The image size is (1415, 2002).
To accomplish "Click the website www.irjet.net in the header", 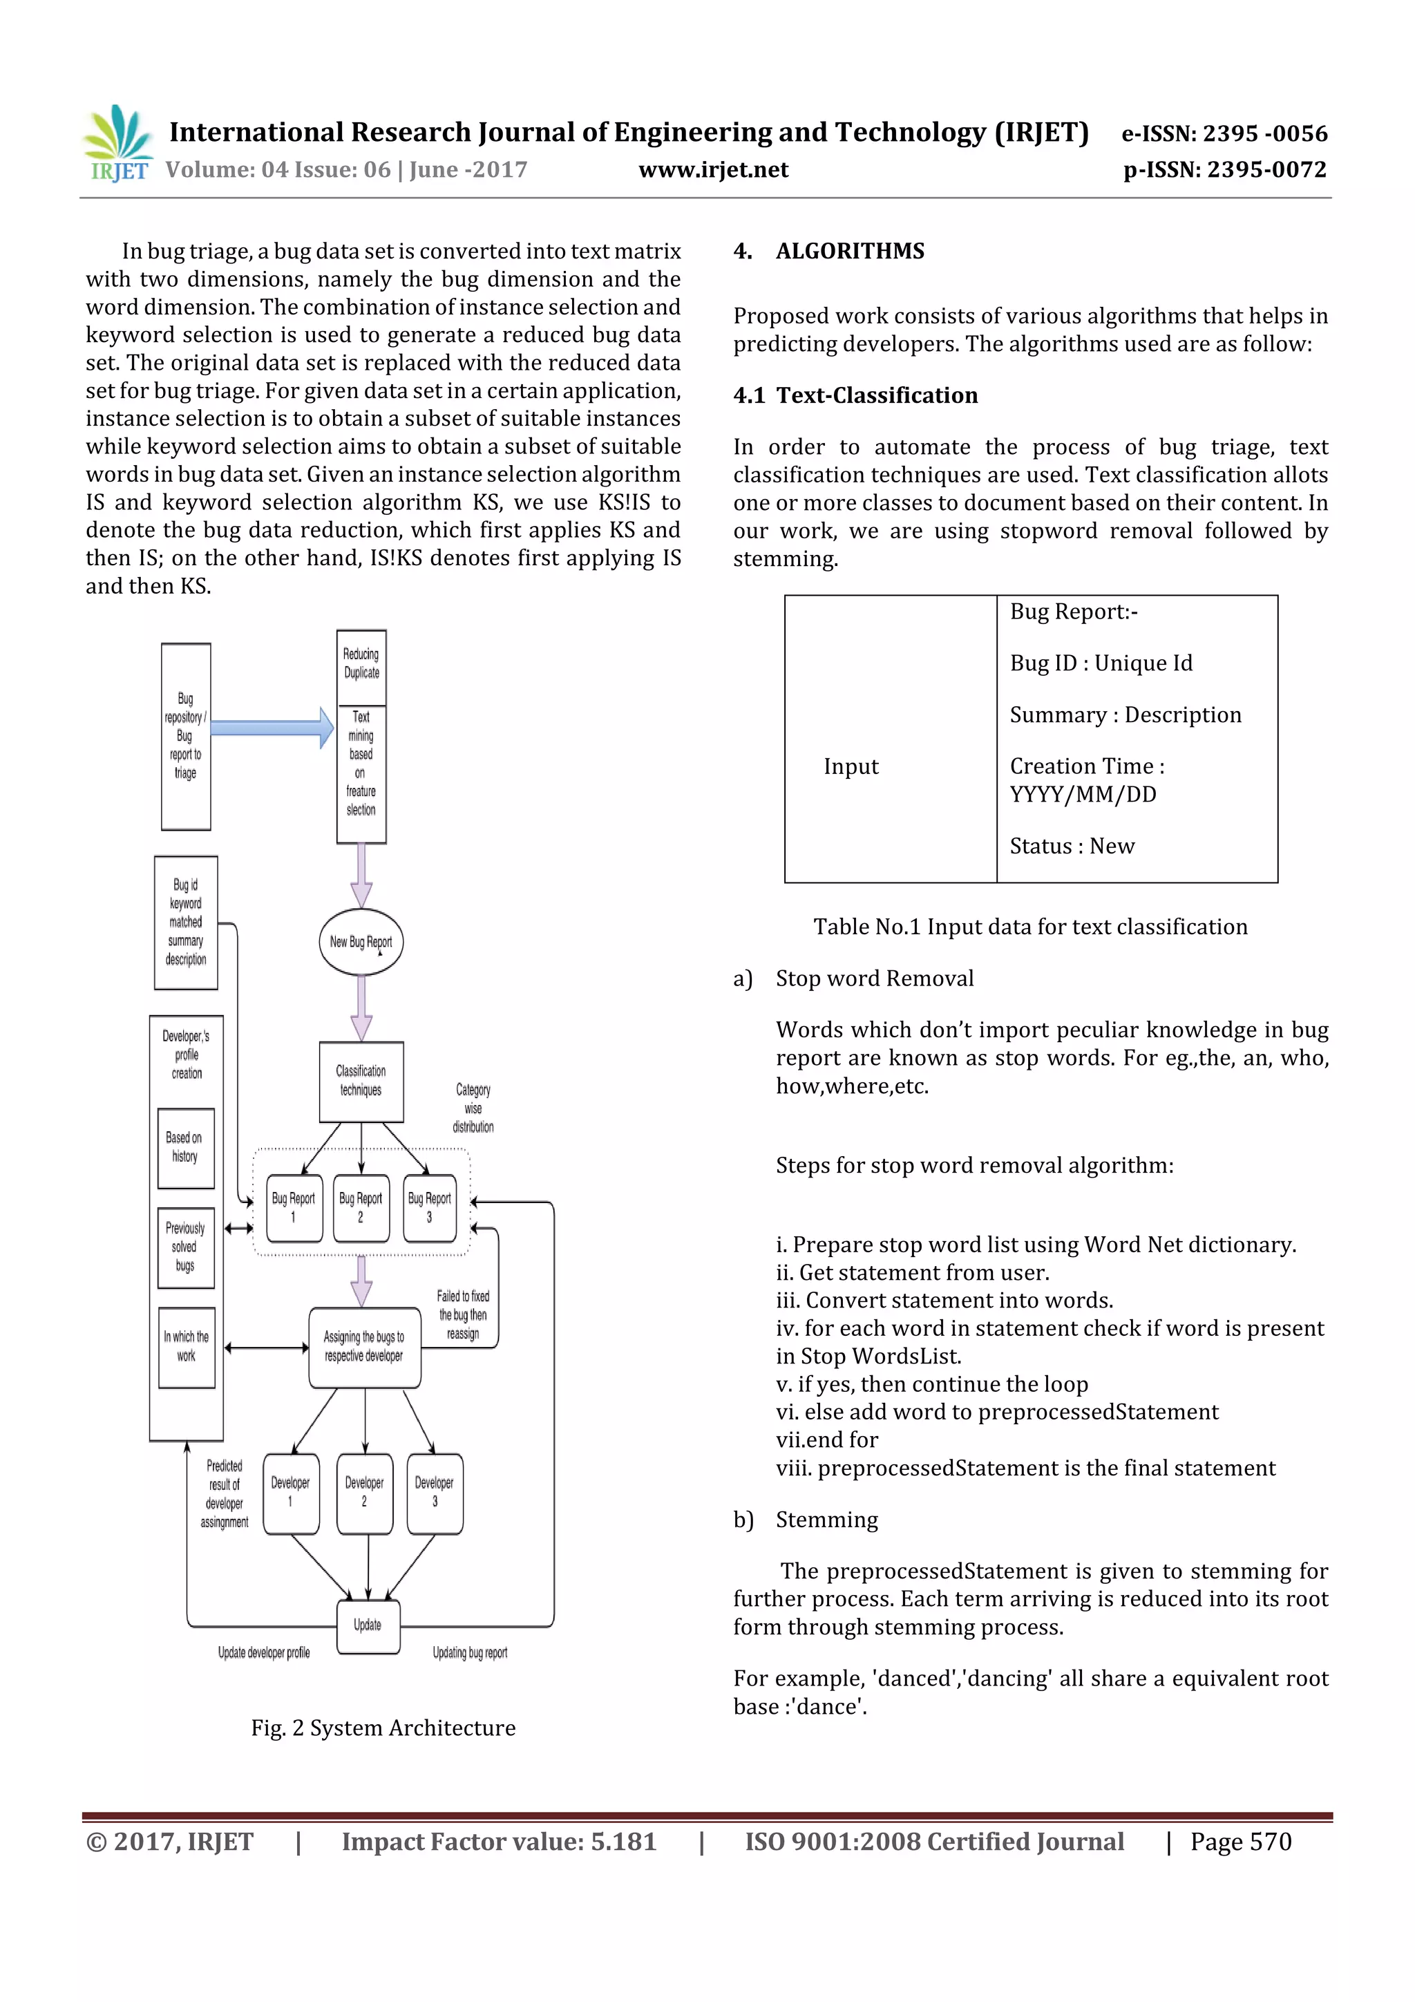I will point(712,169).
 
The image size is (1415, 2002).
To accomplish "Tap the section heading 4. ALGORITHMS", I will point(828,251).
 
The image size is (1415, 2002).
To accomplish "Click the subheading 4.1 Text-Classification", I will point(855,395).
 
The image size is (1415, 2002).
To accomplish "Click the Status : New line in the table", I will point(1072,846).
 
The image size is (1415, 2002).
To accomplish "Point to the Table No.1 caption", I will point(1029,926).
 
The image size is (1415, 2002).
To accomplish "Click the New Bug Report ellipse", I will point(361,942).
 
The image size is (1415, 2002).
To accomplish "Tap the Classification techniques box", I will point(361,1082).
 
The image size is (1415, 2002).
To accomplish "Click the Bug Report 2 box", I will point(361,1208).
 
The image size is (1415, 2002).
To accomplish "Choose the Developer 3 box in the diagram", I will point(434,1493).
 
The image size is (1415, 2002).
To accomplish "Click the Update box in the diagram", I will point(368,1625).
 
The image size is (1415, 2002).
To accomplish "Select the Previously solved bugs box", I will point(186,1247).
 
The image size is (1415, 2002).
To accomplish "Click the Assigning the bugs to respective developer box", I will point(364,1346).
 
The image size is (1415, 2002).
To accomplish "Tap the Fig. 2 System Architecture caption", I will point(383,1728).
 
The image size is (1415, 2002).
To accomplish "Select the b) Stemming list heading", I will point(806,1519).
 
